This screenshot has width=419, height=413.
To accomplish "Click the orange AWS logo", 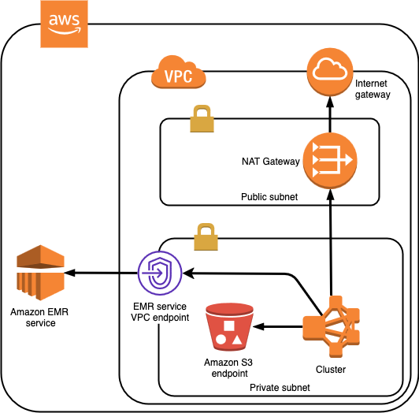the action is [64, 24].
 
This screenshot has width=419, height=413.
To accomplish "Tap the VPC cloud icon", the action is [179, 72].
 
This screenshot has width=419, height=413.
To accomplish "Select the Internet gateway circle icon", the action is [330, 72].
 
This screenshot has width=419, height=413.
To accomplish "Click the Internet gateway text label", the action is [373, 89].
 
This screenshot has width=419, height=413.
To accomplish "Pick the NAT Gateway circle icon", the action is [330, 161].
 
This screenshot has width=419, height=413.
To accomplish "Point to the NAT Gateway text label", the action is [271, 162].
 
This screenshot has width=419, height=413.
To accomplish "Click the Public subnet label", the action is [269, 197].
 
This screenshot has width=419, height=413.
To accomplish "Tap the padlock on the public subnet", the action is [202, 118].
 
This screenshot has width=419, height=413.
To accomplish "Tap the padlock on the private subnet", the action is [206, 236].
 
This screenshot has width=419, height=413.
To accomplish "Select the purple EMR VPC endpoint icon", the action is [160, 273].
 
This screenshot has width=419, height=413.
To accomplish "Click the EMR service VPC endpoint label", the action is [160, 312].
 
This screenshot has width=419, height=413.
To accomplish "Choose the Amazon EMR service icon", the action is [40, 273].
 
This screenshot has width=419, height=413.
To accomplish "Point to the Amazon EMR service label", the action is [39, 318].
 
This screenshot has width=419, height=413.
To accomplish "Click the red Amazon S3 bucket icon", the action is [229, 327].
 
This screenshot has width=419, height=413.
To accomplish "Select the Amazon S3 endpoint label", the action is [228, 368].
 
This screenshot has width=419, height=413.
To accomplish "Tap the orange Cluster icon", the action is [331, 326].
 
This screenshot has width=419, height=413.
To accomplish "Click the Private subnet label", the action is [280, 388].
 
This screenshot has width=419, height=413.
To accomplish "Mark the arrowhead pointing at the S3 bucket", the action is [258, 326].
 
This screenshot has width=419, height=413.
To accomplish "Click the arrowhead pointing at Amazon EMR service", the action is [70, 273].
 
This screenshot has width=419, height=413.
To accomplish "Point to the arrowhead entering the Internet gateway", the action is [330, 102].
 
